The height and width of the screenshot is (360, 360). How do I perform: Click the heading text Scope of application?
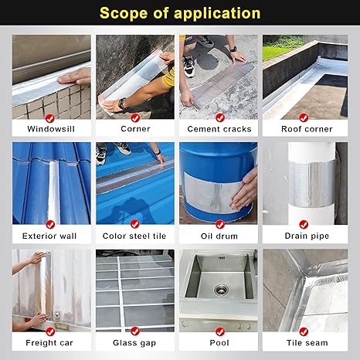[x=180, y=13]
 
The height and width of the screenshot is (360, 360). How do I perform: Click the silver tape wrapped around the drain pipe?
[x=304, y=185]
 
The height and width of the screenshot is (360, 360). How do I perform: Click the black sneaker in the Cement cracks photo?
[x=188, y=65]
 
